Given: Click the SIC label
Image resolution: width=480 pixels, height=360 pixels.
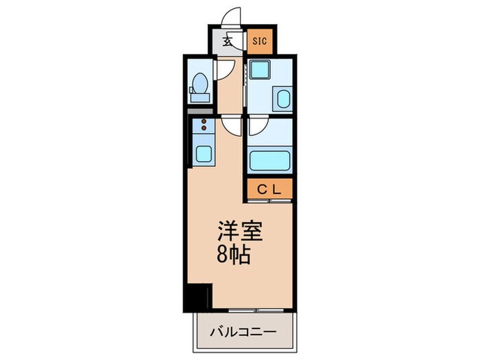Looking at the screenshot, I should coord(259,41).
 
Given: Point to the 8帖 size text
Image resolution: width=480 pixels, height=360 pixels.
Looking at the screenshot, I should coord(235,254).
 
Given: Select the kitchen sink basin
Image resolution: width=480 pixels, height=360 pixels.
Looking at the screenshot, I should coord(204,154).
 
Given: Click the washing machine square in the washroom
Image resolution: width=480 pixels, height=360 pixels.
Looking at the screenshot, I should coord(259,70).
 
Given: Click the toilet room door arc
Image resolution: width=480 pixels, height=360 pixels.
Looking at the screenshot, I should coord(224,69).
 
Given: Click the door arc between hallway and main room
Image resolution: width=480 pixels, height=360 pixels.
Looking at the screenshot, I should coord(231,125).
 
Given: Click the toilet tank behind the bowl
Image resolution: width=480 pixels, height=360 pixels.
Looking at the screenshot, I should coord(200,98).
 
